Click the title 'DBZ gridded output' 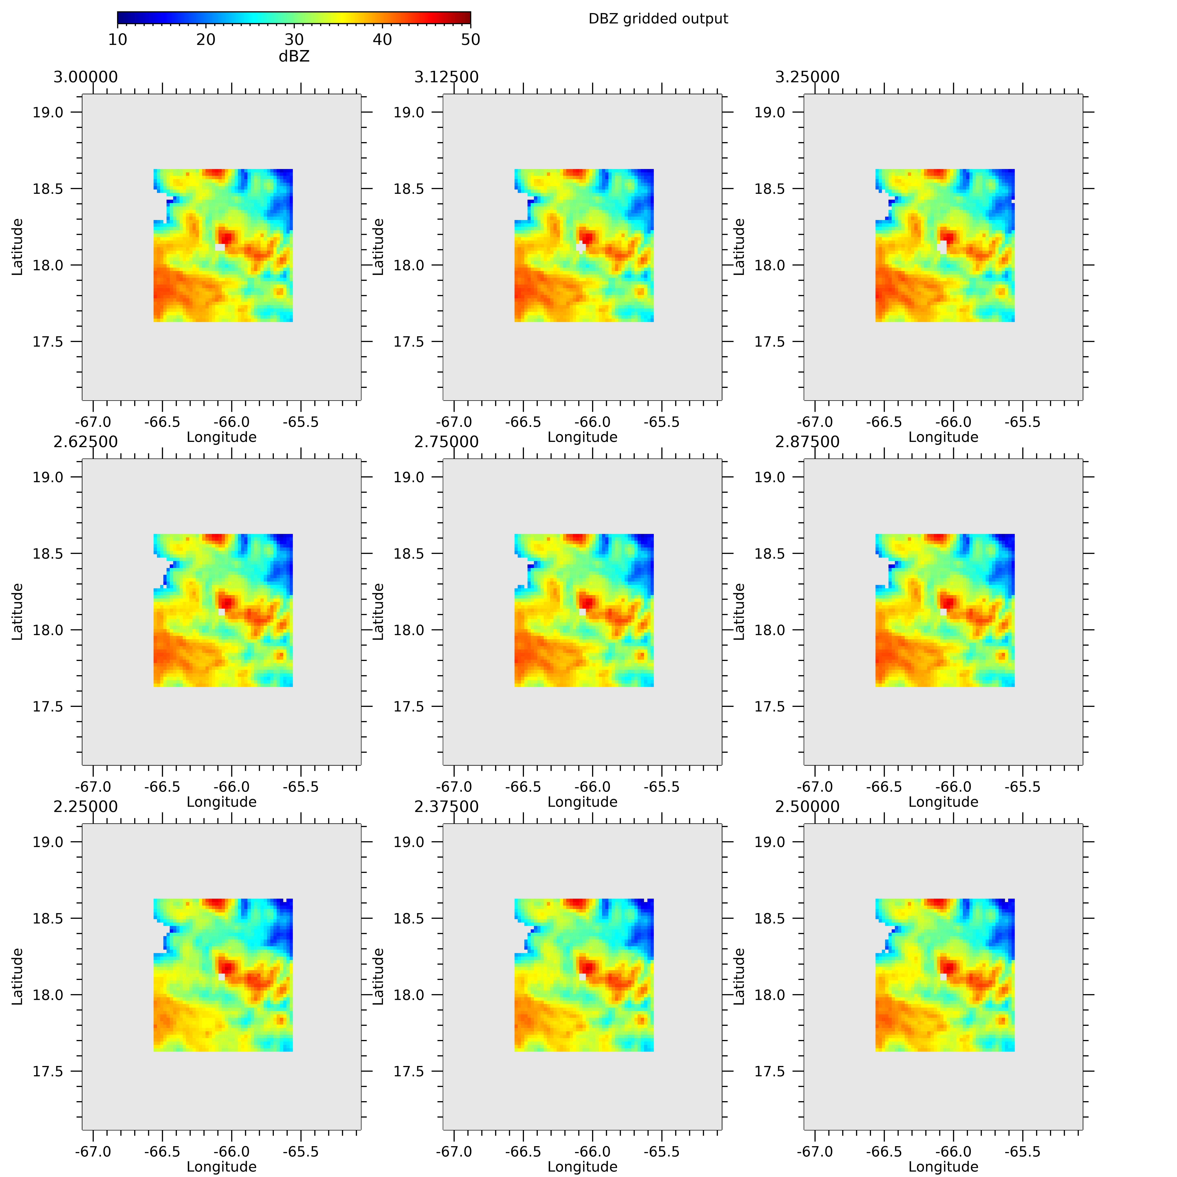[658, 19]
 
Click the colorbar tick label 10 [118, 40]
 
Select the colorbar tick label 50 [470, 40]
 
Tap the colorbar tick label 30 [294, 40]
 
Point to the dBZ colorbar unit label [294, 56]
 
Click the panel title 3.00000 [86, 77]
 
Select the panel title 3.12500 [447, 77]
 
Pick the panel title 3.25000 [807, 77]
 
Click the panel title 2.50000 [807, 807]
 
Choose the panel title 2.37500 [447, 807]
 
